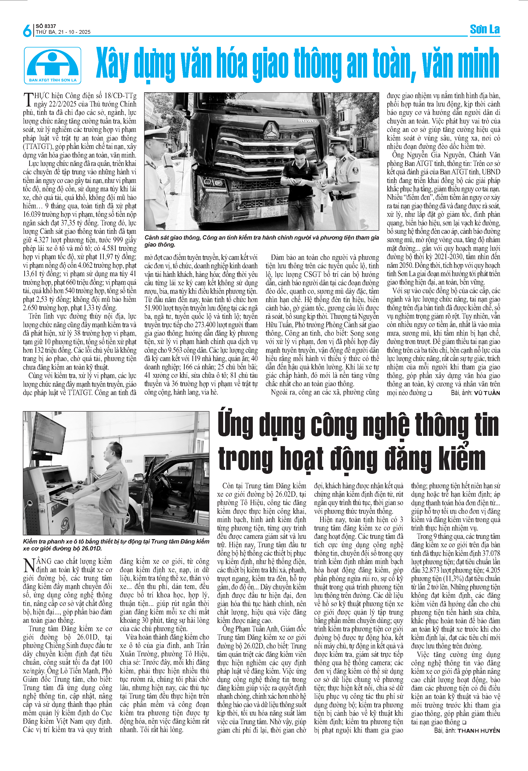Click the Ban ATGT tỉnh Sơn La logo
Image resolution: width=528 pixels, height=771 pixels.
click(x=52, y=65)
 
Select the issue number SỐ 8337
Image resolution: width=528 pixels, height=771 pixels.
click(x=46, y=26)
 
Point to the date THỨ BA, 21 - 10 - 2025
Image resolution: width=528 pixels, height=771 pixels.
click(x=63, y=32)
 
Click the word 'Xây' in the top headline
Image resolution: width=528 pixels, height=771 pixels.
click(x=112, y=64)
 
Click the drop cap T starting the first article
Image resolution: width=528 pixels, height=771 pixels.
click(x=28, y=100)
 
